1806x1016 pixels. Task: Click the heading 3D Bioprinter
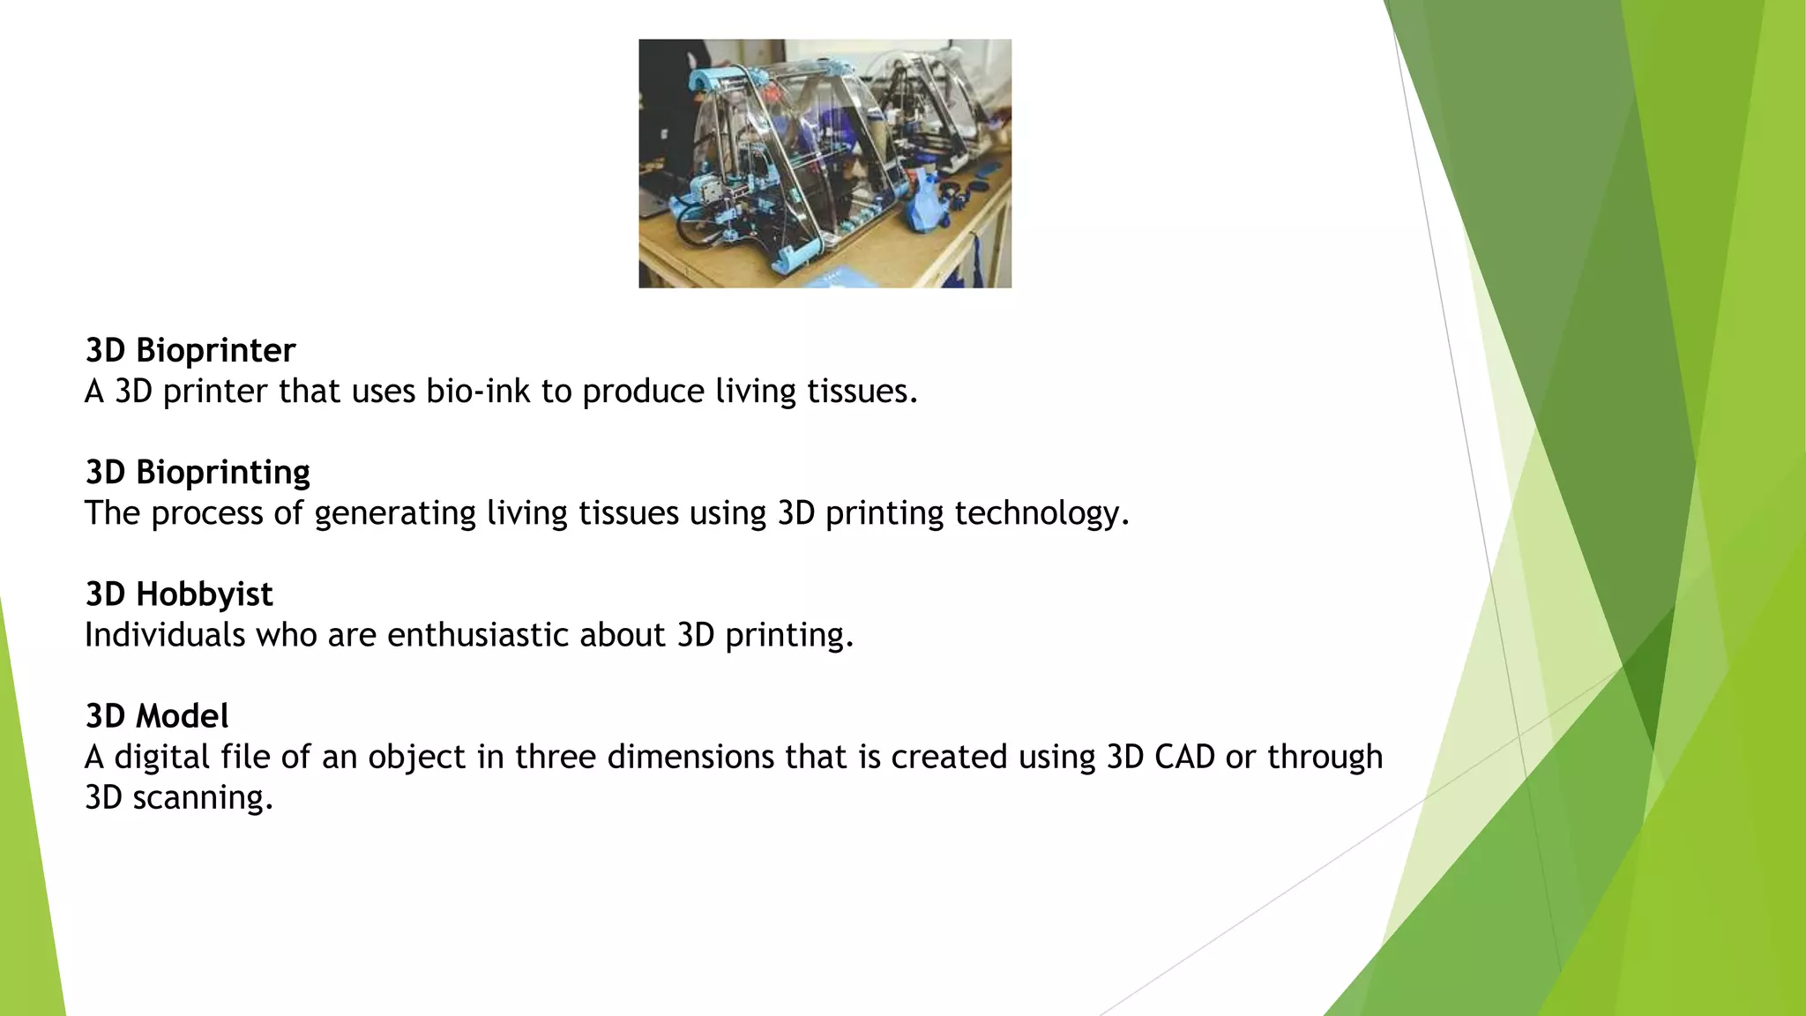pos(190,350)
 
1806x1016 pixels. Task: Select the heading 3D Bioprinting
pos(198,472)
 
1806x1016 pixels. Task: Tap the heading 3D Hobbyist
pos(179,594)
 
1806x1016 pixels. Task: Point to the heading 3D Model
pos(157,715)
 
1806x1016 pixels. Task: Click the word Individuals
pos(164,635)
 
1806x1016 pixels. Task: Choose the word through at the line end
pos(1325,757)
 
